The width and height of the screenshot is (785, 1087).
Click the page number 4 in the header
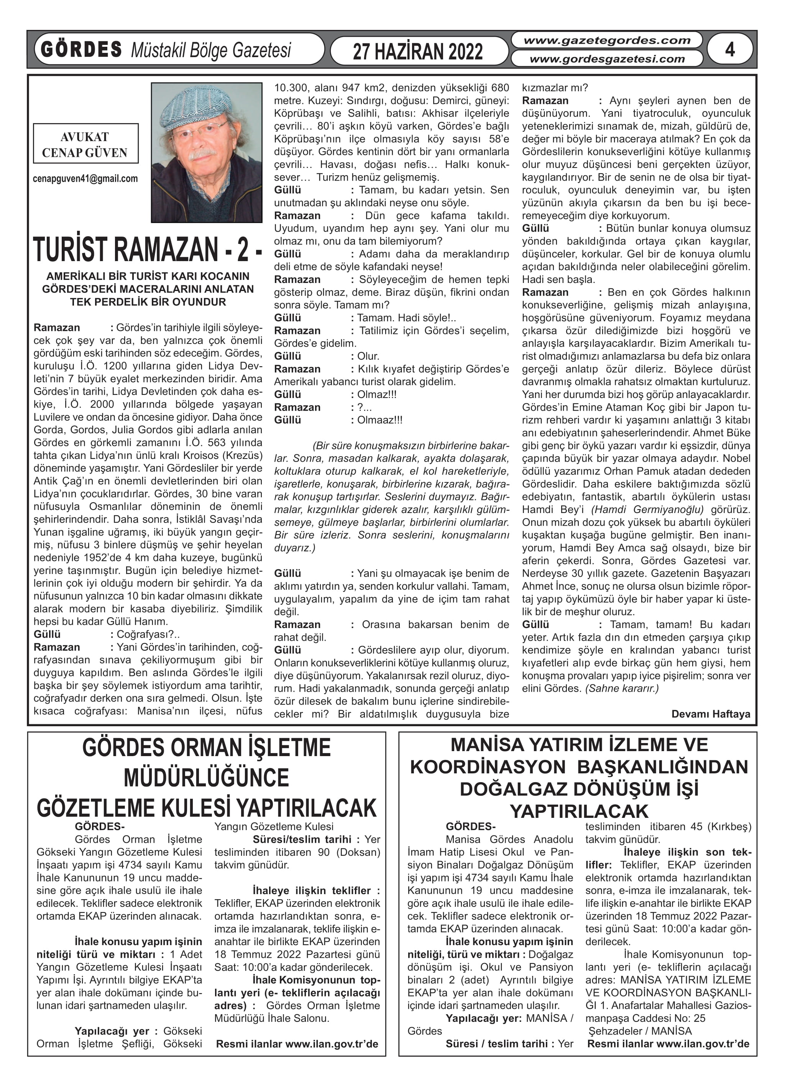pyautogui.click(x=729, y=49)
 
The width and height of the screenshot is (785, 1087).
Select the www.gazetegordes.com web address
pyautogui.click(x=607, y=41)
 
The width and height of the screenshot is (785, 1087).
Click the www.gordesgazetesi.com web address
pyautogui.click(x=607, y=59)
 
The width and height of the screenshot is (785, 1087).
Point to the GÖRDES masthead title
pyautogui.click(x=81, y=50)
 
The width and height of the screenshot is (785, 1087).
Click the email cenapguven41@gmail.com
pyautogui.click(x=85, y=179)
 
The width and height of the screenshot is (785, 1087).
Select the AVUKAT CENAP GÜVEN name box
pyautogui.click(x=85, y=144)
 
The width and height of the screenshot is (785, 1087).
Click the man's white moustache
pyautogui.click(x=202, y=155)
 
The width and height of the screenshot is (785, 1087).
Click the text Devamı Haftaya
pyautogui.click(x=711, y=714)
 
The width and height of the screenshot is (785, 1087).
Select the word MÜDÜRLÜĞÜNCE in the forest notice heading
pyautogui.click(x=207, y=778)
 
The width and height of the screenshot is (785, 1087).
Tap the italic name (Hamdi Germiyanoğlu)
pyautogui.click(x=647, y=510)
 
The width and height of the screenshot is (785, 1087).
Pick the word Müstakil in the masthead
pyautogui.click(x=158, y=50)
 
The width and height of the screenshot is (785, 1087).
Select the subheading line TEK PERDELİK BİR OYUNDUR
pyautogui.click(x=148, y=302)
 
